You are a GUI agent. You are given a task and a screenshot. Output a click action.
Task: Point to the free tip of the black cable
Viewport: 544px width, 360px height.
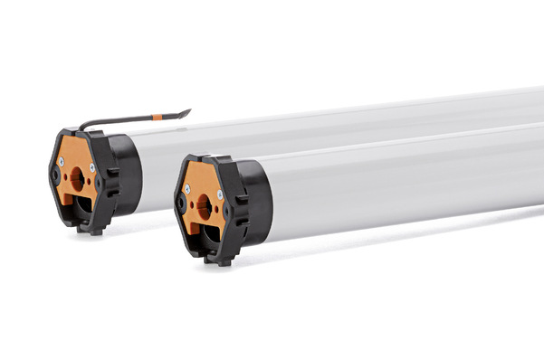188,111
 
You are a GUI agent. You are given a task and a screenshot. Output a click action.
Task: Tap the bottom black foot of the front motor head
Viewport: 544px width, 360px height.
219,260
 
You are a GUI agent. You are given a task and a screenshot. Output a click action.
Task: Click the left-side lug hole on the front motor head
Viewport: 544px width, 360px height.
180,206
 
